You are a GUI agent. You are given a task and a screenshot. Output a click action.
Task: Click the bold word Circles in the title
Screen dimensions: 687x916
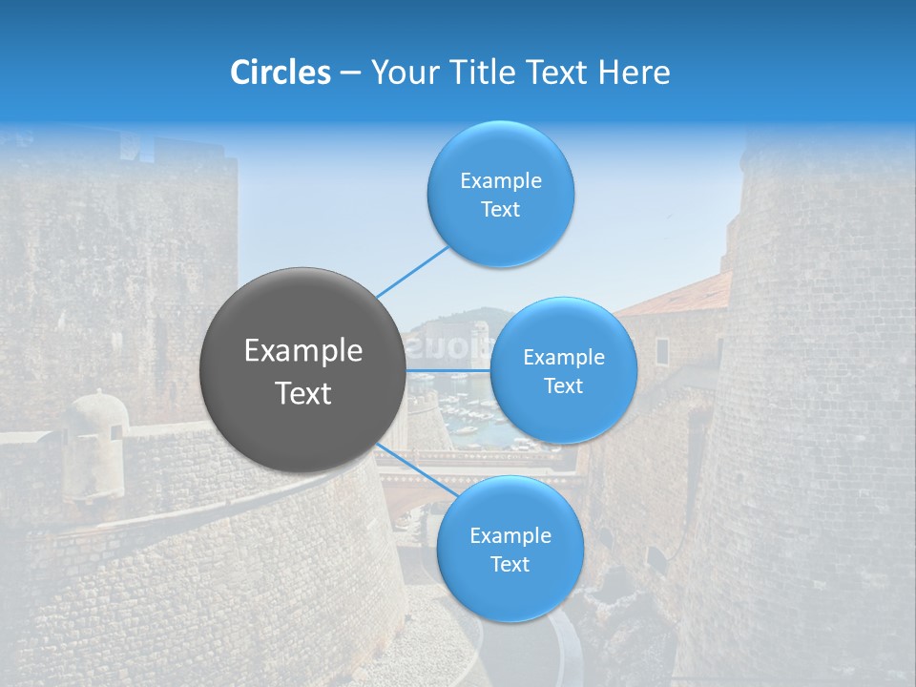(281, 73)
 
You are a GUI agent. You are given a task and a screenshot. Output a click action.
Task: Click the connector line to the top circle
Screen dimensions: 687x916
(412, 271)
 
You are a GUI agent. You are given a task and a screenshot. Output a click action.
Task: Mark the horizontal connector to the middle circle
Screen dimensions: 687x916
(448, 370)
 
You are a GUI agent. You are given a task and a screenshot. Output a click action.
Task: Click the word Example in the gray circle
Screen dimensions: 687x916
(303, 351)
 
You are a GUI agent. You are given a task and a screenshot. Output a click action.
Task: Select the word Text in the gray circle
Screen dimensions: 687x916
(303, 393)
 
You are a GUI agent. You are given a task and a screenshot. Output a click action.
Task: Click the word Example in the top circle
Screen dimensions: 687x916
(501, 180)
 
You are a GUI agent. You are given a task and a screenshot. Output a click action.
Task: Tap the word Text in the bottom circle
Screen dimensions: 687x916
(510, 564)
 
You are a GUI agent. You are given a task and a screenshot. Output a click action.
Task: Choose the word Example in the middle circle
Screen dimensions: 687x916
(564, 357)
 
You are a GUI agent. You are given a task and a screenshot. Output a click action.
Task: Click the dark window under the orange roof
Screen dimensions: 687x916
(662, 350)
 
